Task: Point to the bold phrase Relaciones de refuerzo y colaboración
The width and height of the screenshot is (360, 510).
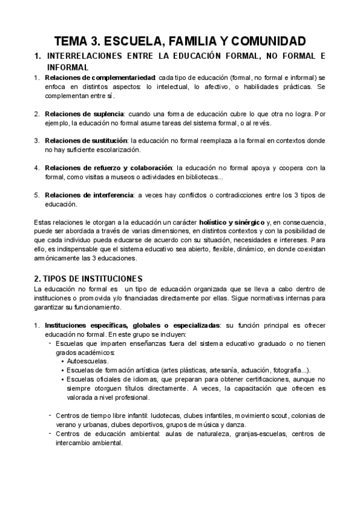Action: pos(109,167)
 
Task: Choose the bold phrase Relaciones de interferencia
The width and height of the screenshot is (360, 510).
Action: pos(88,194)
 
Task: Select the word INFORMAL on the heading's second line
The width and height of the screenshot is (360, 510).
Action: pos(67,67)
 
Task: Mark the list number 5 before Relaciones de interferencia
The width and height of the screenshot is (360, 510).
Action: pos(37,195)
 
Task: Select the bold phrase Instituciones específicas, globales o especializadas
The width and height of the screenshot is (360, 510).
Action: pos(132,325)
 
